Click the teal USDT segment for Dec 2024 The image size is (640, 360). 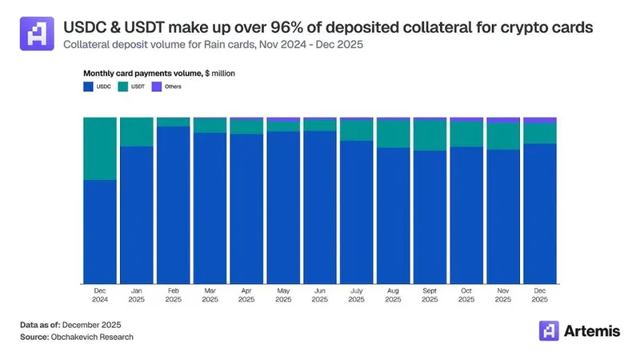[x=99, y=148]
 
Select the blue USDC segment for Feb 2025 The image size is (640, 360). [x=173, y=204]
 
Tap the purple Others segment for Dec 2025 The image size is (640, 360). [x=539, y=120]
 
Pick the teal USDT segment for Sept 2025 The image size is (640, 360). [x=430, y=135]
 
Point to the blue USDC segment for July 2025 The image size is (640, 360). [x=356, y=211]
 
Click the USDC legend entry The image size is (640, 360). [x=96, y=86]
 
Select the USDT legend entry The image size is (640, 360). [x=133, y=86]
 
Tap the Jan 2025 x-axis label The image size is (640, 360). [x=136, y=295]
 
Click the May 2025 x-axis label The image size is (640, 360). [x=282, y=295]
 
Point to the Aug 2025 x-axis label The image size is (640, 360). [x=393, y=295]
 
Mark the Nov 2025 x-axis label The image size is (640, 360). [x=502, y=295]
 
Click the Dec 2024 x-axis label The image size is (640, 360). [x=99, y=295]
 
